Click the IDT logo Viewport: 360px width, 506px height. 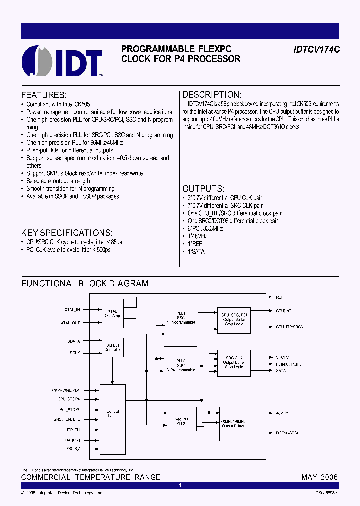(62, 61)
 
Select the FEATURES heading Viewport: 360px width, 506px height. (43, 95)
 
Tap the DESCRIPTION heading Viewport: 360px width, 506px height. (212, 95)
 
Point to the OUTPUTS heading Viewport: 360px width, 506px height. (203, 189)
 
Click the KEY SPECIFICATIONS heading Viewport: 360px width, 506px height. (67, 233)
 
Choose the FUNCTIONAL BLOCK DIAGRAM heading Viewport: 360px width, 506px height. (85, 283)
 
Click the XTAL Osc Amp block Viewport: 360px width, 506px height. (112, 313)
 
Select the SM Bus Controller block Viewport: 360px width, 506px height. (112, 348)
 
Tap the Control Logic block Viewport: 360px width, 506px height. (113, 414)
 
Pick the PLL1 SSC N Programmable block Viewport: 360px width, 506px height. (181, 318)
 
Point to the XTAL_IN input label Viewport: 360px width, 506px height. (72, 310)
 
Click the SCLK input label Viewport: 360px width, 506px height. (75, 353)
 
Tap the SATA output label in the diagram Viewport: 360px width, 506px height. (281, 371)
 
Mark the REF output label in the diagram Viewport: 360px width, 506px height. (280, 297)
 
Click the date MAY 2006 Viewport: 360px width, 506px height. (319, 477)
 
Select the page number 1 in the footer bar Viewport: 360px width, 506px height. (180, 486)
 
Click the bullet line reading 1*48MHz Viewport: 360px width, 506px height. (198, 236)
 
